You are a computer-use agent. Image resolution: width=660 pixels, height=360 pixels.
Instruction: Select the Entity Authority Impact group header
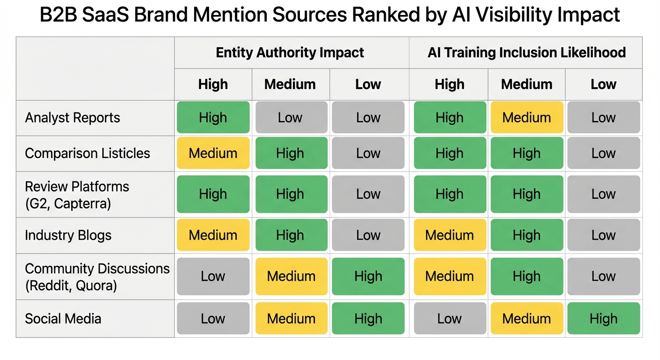[x=290, y=52]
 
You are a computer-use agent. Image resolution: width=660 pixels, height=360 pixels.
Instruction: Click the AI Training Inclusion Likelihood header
[x=526, y=52]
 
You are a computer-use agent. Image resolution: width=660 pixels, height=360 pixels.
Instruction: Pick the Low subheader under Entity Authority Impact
[x=368, y=84]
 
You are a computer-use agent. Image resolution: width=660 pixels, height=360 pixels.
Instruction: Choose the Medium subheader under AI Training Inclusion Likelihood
[x=526, y=84]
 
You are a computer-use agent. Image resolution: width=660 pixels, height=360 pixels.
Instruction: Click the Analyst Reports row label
[x=73, y=118]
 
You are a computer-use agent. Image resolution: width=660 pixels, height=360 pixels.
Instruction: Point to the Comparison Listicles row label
[x=88, y=153]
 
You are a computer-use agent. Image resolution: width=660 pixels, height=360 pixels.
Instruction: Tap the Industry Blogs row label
[x=68, y=235]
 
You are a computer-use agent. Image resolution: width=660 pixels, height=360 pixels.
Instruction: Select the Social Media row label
[x=63, y=319]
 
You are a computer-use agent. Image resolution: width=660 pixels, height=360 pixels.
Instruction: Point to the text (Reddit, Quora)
[x=71, y=285]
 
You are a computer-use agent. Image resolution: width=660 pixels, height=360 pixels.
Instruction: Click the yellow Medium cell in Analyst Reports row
[x=526, y=118]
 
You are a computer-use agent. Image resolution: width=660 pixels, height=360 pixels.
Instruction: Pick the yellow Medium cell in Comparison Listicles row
[x=213, y=153]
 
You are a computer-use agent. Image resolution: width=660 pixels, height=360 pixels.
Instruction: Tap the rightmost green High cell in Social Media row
[x=603, y=319]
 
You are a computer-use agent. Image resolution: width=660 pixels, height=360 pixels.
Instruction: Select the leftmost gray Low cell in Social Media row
[x=213, y=319]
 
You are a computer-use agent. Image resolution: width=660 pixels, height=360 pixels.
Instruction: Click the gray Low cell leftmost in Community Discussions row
[x=213, y=277]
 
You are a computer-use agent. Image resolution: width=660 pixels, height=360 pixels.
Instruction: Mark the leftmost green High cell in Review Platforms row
[x=213, y=194]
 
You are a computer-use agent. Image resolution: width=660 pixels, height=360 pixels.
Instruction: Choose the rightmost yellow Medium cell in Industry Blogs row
[x=449, y=235]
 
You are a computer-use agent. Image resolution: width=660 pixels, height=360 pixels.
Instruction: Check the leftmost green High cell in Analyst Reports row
[x=213, y=118]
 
